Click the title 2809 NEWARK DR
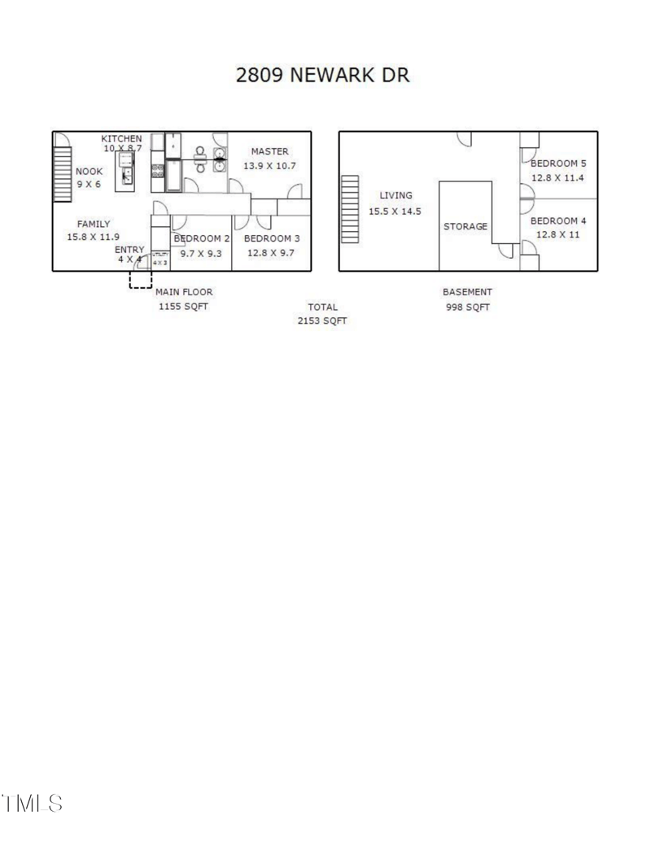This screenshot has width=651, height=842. coord(322,76)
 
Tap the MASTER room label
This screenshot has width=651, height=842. coord(269,151)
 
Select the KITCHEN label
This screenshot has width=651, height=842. coord(121,138)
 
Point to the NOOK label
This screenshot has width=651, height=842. coord(90,172)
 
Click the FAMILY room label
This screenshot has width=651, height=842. coord(94,224)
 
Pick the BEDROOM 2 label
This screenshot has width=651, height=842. coord(202,238)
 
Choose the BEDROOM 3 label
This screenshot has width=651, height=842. coord(272,238)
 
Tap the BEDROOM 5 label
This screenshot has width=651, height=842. coord(558,163)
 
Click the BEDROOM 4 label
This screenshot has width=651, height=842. coord(558,220)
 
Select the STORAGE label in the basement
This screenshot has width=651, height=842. coord(465,226)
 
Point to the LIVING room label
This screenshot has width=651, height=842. coord(396,195)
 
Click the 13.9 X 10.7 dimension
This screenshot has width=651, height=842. coord(269,165)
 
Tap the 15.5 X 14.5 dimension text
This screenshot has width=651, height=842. coord(395,211)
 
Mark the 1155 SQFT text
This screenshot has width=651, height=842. coord(184,308)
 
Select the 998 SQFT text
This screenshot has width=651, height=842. coord(466,308)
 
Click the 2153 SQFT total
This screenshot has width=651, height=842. coord(322,321)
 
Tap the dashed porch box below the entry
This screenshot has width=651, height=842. coord(140,279)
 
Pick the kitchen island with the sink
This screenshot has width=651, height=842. coord(125,169)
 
